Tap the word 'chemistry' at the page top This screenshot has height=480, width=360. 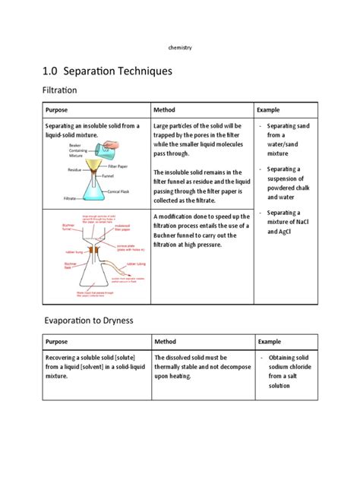click(x=179, y=48)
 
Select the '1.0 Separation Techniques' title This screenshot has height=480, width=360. click(x=107, y=71)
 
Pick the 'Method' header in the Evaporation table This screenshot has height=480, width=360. click(x=165, y=342)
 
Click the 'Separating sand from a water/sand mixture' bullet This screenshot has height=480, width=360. click(x=282, y=139)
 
